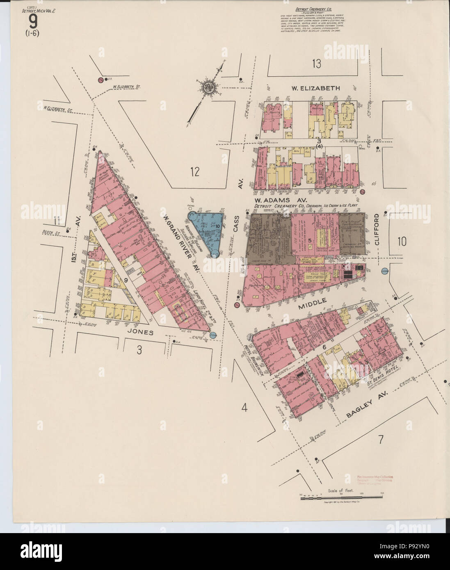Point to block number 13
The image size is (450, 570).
pos(316,64)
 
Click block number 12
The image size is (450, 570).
pos(194,171)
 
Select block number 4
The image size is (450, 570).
pos(244,408)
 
